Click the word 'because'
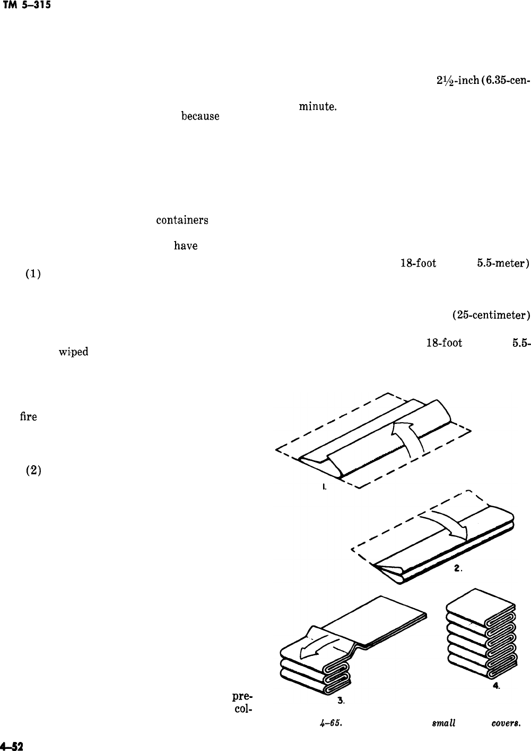pos(200,115)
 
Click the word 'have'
pos(186,246)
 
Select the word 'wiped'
pos(73,352)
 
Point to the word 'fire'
pos(28,417)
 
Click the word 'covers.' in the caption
pos(512,722)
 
